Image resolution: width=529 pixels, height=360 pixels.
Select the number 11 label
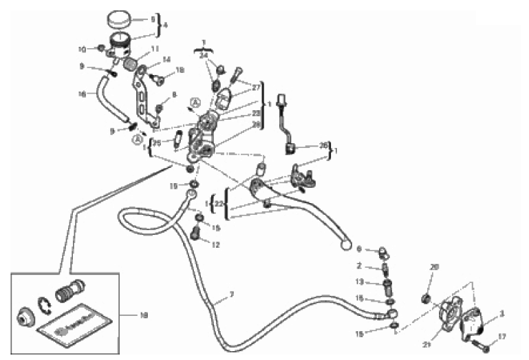click(x=156, y=49)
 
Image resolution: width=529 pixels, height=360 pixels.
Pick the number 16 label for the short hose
click(x=83, y=94)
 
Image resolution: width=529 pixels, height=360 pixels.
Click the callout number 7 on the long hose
click(x=232, y=295)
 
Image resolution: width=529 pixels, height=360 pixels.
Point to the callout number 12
click(x=215, y=245)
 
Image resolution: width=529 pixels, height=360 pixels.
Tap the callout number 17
click(x=501, y=337)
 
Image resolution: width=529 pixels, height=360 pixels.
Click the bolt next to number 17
click(x=480, y=339)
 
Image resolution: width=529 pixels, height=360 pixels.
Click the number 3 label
click(x=501, y=314)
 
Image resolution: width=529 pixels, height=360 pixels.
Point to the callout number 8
click(x=174, y=95)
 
